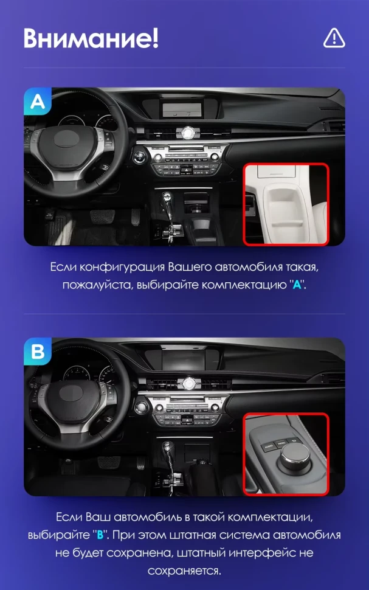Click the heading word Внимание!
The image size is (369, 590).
pos(91,38)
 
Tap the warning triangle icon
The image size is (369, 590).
pos(334,38)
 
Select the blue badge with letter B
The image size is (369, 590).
pos(37,352)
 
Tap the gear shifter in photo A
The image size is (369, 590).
pos(167,210)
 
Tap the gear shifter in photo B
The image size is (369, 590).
pos(168,460)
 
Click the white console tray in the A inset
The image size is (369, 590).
pos(286,210)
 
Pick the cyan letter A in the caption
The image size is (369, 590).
pos(297,285)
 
